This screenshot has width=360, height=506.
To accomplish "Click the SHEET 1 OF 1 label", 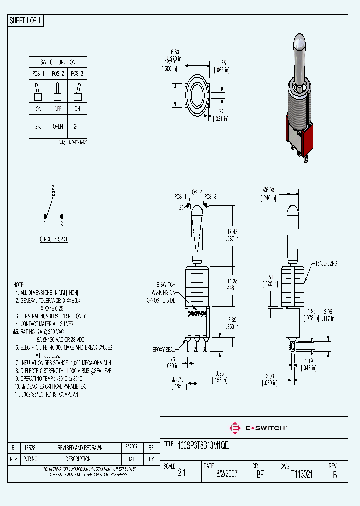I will click(x=26, y=21).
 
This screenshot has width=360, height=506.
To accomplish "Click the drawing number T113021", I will click(x=301, y=474).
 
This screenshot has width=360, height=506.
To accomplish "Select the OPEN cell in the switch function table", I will click(x=58, y=126).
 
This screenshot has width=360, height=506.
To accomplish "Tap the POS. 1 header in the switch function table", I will click(x=38, y=74).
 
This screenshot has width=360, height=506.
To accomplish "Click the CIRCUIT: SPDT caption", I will click(x=54, y=239).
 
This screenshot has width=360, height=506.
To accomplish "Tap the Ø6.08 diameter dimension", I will click(x=268, y=190).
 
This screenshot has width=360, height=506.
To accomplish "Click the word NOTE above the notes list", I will click(x=19, y=282).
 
